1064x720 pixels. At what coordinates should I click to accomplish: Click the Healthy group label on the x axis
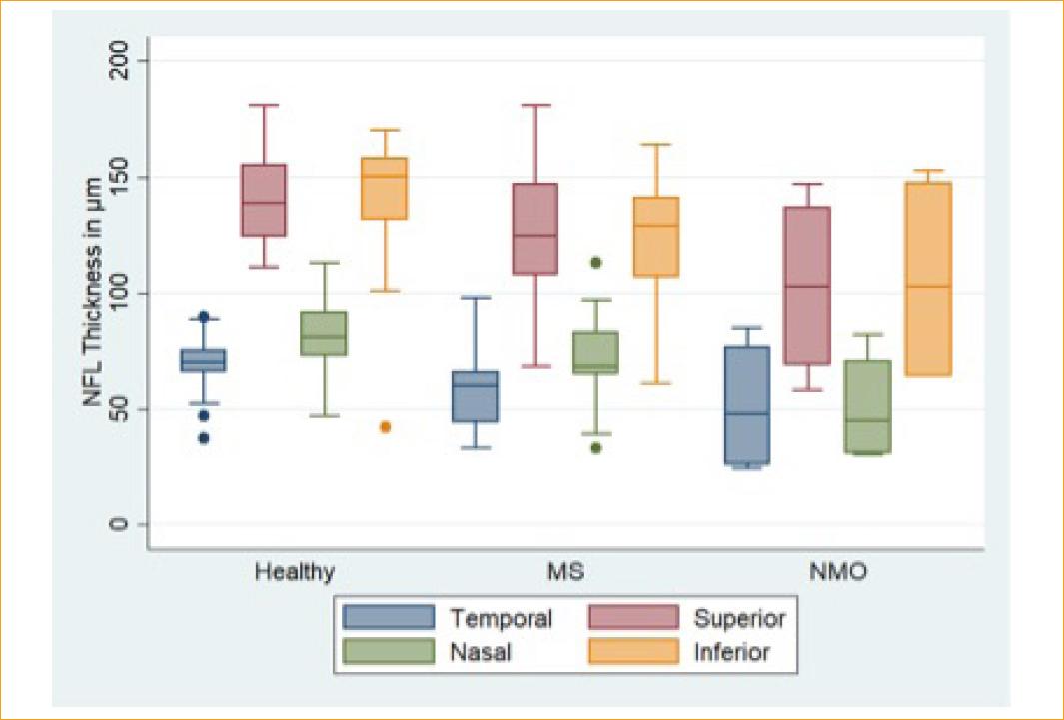click(295, 573)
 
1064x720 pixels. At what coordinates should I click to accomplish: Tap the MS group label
click(566, 573)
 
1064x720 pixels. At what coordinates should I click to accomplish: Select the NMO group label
click(837, 573)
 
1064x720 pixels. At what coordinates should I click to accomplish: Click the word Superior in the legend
click(739, 618)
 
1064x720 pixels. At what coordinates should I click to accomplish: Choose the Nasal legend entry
click(481, 653)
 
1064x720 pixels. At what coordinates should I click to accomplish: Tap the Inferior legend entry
click(731, 653)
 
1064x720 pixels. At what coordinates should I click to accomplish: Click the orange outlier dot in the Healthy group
click(385, 427)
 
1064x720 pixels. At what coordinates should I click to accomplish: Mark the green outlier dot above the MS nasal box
click(595, 263)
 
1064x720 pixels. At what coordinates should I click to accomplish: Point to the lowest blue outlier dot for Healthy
click(204, 438)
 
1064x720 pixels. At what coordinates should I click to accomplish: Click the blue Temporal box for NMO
click(746, 404)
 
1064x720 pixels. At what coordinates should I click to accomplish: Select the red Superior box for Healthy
click(263, 200)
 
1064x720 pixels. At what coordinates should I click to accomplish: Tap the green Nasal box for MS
click(595, 353)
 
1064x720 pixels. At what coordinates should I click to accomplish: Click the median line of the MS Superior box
click(534, 236)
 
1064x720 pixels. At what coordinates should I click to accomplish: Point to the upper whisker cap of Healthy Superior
click(263, 105)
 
